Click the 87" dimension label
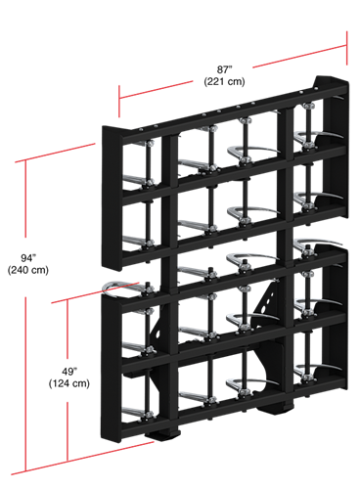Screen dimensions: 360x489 coord(225,69)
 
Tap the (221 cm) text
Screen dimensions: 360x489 coord(224,81)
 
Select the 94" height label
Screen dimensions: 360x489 coord(28,258)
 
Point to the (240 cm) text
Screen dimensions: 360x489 coord(28,270)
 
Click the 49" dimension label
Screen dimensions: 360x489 coord(69,372)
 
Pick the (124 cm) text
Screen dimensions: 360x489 coord(69,383)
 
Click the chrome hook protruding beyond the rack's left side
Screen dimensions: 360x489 coord(119,288)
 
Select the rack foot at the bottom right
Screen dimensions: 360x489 coord(276,407)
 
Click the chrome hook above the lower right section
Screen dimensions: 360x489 coord(316,244)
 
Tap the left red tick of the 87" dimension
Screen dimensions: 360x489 coord(119,101)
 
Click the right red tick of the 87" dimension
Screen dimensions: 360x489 coord(346,48)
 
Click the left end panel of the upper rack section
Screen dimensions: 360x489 coord(112,199)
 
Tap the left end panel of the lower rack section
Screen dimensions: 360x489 coord(111,369)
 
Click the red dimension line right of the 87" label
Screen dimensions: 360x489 coord(299,57)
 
